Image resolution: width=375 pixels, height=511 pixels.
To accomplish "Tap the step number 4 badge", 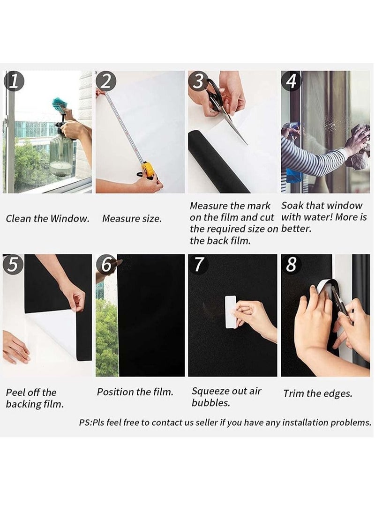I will pos(291,81).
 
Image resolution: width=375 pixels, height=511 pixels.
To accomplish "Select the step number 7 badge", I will pos(199,265).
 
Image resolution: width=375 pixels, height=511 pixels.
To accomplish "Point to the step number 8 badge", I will pos(291,265).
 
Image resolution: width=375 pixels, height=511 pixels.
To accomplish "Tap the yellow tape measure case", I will pos(148,169).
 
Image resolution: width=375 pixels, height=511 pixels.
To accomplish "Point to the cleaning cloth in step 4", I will pos(358,145).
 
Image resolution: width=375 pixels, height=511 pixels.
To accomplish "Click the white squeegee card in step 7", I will pos(230,312).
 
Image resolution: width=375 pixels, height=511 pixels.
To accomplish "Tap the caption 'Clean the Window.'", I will pos(47,219).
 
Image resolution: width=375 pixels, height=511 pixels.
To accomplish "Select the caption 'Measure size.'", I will pos(132,219).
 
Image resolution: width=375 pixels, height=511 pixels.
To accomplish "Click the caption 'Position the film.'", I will pos(135,392).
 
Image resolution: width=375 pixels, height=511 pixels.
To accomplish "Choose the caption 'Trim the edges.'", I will pos(317,393).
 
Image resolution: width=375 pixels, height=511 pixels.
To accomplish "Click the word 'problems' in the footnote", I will pos(351,422).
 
